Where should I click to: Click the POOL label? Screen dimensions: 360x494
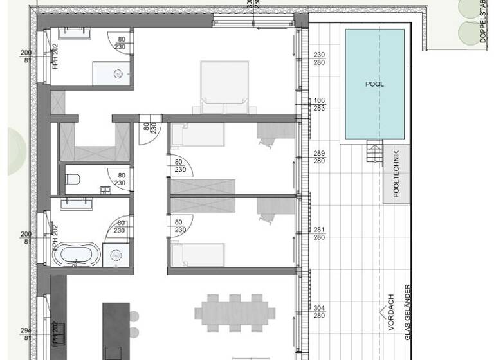[374, 84]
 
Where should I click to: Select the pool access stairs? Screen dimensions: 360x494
[374, 154]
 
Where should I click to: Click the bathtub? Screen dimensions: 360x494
[76, 255]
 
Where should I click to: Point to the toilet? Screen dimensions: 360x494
[73, 179]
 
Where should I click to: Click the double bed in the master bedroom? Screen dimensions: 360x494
[225, 87]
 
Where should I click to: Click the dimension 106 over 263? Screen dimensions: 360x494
[318, 104]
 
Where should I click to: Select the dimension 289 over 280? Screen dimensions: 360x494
[319, 157]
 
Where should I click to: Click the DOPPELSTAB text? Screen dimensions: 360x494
[483, 22]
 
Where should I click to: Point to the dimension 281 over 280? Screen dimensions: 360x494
[319, 233]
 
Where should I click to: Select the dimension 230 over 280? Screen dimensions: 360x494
[319, 59]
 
